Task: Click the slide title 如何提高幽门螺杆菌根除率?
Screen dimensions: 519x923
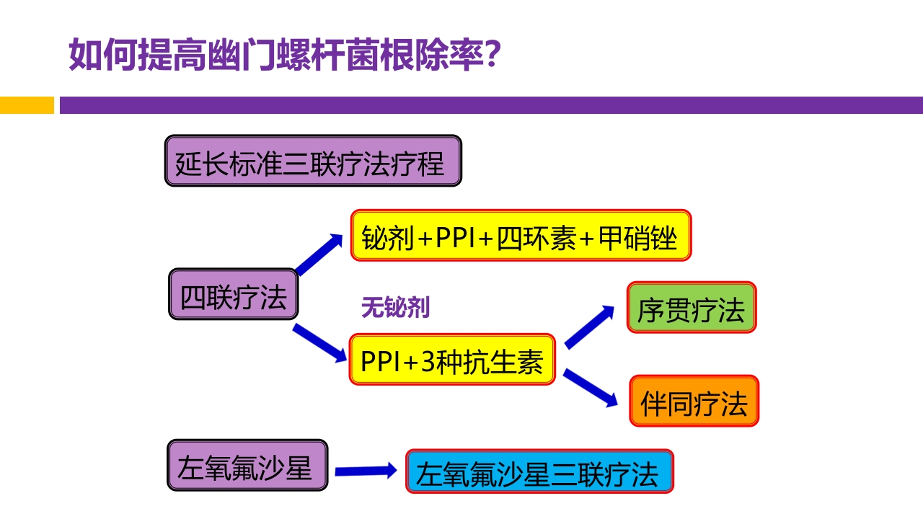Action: [285, 55]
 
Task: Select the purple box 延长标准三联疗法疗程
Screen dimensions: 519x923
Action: [313, 161]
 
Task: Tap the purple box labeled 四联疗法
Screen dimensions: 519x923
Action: [233, 294]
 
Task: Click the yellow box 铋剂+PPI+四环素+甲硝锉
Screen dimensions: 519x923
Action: [521, 235]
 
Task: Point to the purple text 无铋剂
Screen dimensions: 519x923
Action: [395, 309]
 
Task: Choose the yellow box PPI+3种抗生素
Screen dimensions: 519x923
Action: [452, 359]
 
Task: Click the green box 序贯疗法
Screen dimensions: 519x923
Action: [691, 307]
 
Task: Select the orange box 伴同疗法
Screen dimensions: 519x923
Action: [694, 401]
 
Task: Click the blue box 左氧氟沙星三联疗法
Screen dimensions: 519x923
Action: [539, 471]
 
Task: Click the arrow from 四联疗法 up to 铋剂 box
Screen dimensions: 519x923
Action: [319, 254]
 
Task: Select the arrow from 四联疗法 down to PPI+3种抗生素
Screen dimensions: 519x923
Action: [319, 343]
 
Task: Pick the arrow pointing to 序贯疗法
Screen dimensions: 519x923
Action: [590, 327]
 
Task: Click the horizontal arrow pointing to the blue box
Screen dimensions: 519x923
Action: [366, 471]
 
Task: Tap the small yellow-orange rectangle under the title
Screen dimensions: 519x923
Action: [27, 105]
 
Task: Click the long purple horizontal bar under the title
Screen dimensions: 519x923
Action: [490, 105]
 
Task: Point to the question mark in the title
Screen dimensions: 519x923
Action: [491, 55]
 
